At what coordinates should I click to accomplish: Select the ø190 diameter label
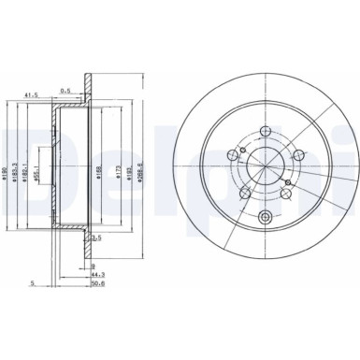[7, 166]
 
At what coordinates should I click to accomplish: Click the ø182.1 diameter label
[29, 166]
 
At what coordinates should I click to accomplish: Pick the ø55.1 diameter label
[38, 168]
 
